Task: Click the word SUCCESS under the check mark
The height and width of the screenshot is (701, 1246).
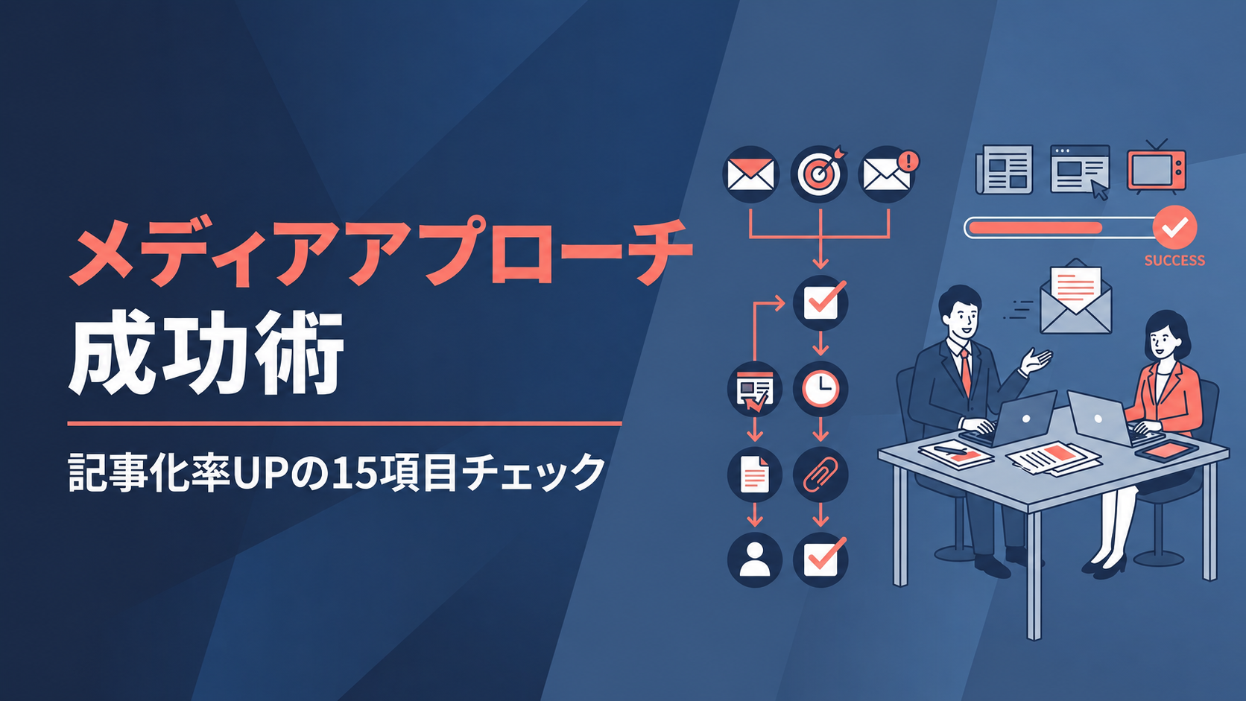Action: (x=1174, y=260)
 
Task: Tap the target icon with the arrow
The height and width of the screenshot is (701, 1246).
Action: (x=819, y=173)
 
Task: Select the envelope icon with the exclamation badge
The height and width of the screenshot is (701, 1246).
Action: (x=888, y=174)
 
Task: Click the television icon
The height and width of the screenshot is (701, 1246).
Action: (x=1157, y=168)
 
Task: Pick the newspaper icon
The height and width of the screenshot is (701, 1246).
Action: (x=1004, y=169)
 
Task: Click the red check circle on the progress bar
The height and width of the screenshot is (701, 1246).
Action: (x=1174, y=227)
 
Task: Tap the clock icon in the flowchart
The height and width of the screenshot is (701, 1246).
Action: (x=820, y=388)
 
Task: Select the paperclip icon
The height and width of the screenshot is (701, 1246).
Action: (x=820, y=475)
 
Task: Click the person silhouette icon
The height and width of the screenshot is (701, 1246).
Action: (x=755, y=559)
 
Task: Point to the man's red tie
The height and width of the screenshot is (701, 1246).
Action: (x=966, y=371)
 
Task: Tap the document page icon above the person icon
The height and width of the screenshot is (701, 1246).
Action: (x=755, y=475)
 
